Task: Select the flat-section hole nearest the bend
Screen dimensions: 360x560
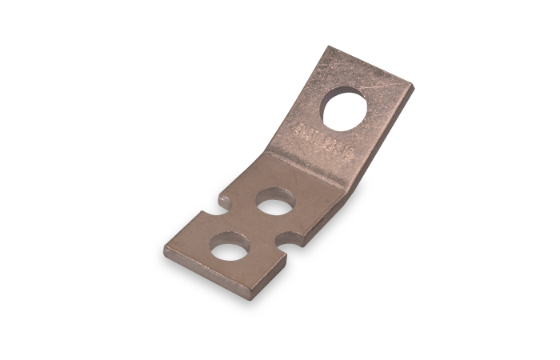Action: click(x=275, y=202)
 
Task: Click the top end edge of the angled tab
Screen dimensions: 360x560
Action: click(x=373, y=67)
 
